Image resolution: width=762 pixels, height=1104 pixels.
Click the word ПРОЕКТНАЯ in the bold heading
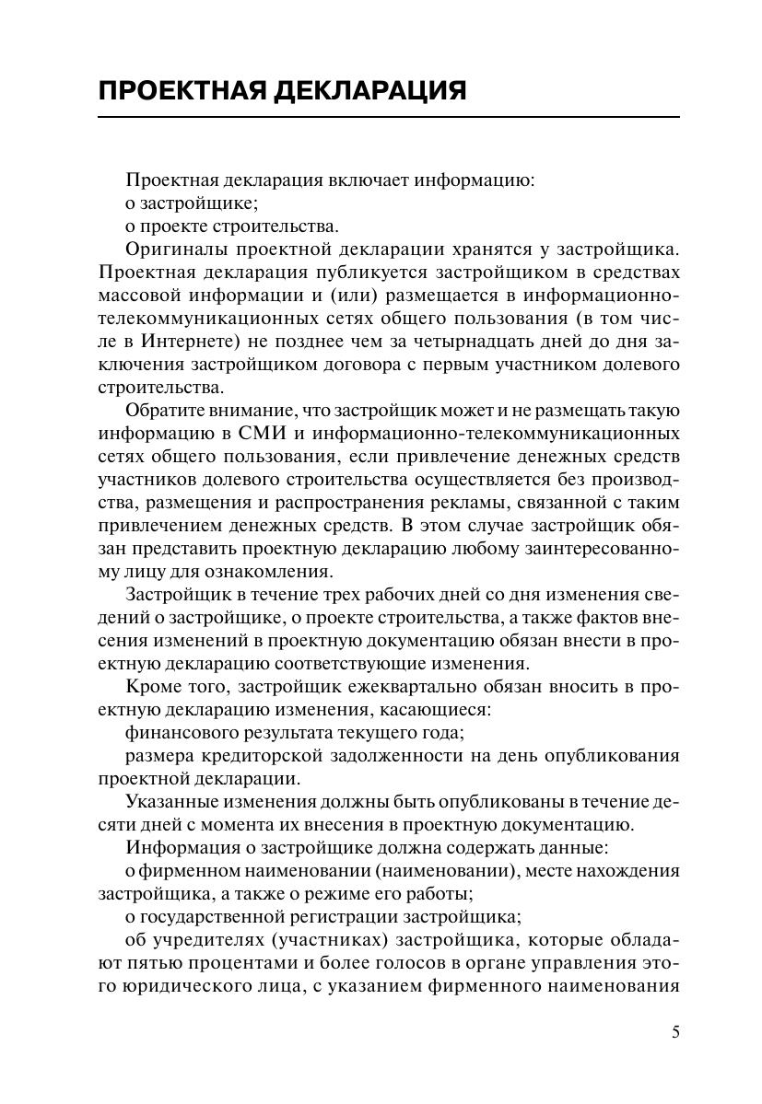(175, 91)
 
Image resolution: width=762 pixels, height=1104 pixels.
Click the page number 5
(675, 1032)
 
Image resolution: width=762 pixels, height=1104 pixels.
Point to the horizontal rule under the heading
(388, 117)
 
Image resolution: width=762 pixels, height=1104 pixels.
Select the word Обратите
(162, 410)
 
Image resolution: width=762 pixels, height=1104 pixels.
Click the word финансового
(183, 733)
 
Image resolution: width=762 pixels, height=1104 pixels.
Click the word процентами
(222, 963)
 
